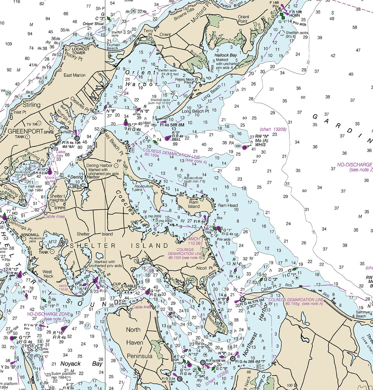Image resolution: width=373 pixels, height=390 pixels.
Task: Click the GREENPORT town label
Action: (25, 131)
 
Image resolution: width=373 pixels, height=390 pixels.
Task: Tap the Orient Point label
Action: (243, 19)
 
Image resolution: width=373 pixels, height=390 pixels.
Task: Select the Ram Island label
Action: (194, 204)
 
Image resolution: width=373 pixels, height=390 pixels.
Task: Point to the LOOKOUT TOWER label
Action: (80, 51)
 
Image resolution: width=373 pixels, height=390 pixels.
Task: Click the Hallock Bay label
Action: (225, 55)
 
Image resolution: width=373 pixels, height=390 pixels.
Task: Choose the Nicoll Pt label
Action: (204, 268)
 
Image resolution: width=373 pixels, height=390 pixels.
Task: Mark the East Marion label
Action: (74, 75)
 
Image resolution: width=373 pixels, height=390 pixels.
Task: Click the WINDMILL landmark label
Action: (30, 235)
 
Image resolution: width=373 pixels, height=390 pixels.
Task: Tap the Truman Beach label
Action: (113, 47)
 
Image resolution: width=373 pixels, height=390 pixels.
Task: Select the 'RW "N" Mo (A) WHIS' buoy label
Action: (262, 140)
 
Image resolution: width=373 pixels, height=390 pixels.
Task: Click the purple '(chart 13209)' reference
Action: (273, 129)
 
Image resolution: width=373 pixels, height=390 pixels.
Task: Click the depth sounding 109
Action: (9, 44)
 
